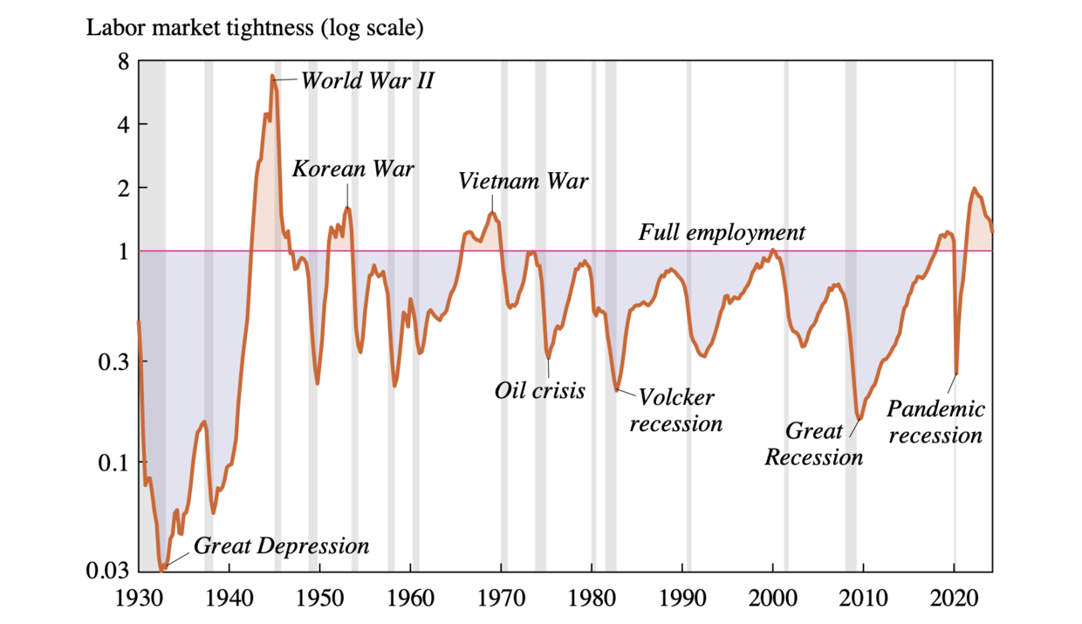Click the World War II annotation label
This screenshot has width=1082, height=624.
[367, 81]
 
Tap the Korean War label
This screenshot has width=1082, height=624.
[353, 168]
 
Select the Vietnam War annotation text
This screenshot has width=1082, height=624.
[524, 182]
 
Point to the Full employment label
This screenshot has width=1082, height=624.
[722, 233]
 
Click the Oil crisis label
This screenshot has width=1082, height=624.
[539, 390]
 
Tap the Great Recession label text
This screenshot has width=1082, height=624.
[814, 444]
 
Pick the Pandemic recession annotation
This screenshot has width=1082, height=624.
[935, 422]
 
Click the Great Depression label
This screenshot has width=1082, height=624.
[281, 546]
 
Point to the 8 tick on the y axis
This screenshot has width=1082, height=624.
[123, 62]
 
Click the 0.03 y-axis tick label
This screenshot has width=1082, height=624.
[111, 571]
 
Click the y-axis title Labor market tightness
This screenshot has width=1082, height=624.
[254, 29]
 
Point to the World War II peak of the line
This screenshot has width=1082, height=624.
[272, 76]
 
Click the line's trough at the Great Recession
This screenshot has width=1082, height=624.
[859, 420]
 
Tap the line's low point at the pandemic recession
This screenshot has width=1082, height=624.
[956, 374]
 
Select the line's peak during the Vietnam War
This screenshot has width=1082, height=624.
[492, 213]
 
